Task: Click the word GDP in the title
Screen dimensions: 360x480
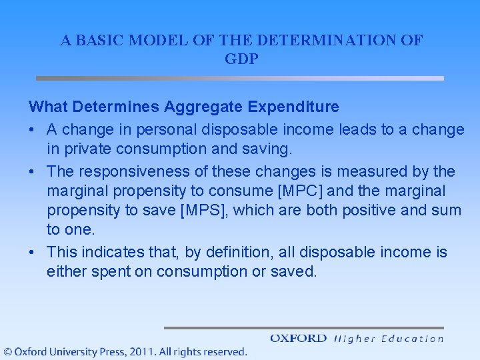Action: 241,59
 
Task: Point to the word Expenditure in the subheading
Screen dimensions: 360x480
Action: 299,107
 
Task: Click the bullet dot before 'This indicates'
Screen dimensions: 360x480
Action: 32,253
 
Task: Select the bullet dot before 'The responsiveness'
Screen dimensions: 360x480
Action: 32,172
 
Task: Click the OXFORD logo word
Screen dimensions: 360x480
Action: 298,339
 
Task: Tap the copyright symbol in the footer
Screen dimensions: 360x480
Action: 7,351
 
